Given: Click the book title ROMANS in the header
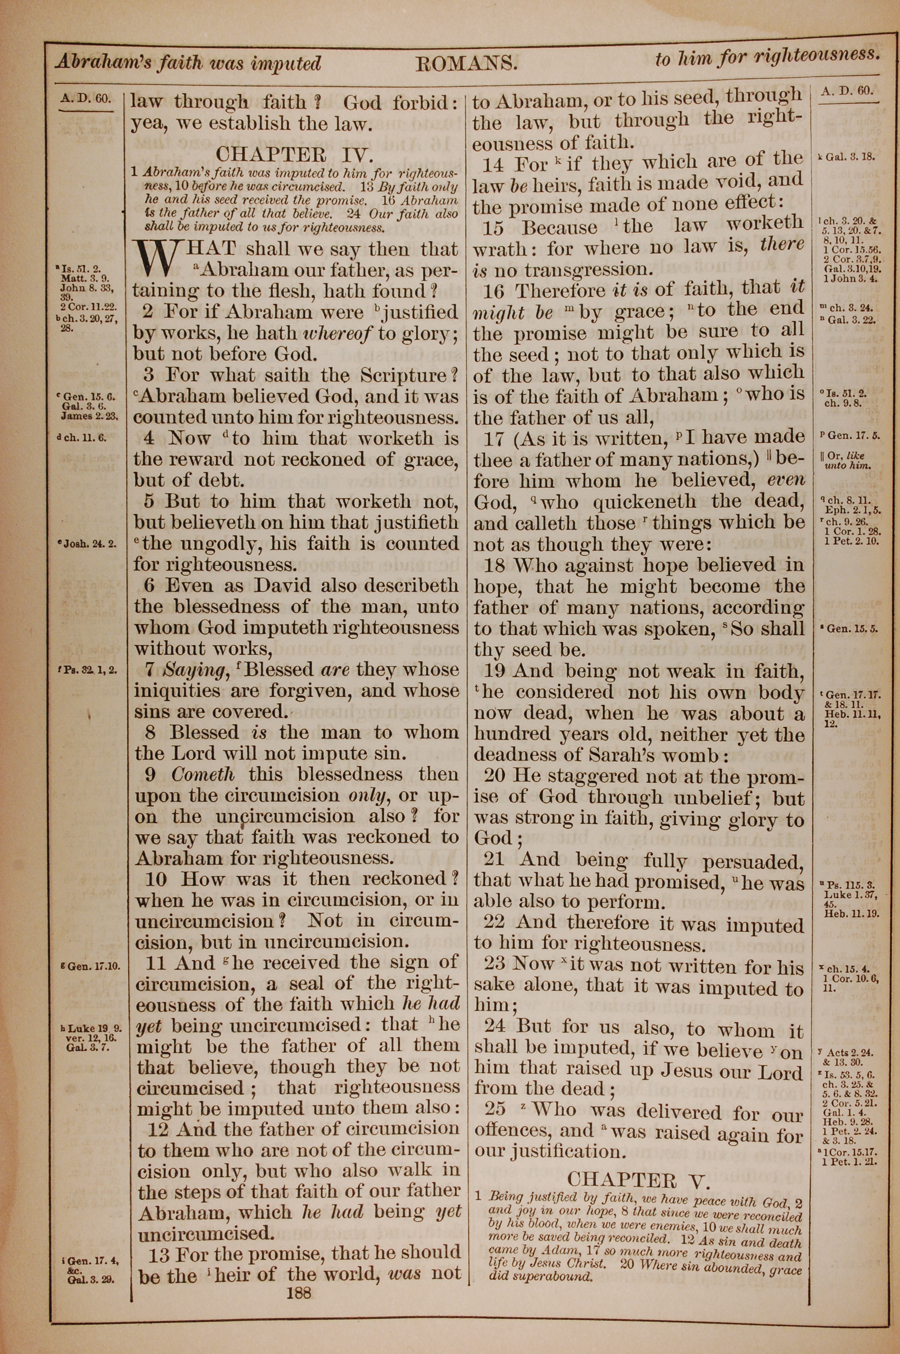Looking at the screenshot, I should coord(466,63).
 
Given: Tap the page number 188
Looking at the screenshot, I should coord(297,1293).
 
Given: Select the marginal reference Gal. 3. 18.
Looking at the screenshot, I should coord(850,157).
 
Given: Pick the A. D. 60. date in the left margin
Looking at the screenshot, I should coord(85,98).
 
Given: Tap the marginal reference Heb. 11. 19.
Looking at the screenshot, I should coord(851,913).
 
